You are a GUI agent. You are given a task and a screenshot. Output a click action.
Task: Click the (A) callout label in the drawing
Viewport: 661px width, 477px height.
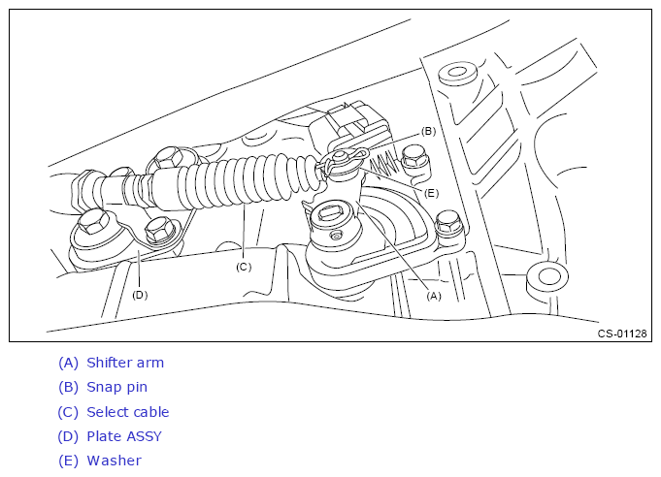[434, 296]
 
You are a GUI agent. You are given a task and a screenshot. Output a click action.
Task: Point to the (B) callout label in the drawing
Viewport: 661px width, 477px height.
[428, 131]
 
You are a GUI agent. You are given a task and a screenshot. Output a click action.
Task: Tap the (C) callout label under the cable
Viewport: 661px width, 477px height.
[244, 267]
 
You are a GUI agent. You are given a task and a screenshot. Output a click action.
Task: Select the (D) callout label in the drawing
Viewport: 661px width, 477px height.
[140, 295]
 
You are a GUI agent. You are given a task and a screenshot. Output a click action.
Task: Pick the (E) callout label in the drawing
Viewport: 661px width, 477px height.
[431, 193]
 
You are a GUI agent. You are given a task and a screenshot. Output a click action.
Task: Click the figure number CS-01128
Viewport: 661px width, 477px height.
[622, 334]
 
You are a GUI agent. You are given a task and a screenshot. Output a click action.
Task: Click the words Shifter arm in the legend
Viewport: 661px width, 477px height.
[125, 363]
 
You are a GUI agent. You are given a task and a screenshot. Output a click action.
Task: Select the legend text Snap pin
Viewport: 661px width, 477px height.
[116, 387]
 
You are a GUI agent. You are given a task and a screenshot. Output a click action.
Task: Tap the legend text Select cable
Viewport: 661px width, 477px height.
[128, 412]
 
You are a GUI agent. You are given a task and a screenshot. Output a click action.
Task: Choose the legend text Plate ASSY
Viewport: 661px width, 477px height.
[124, 436]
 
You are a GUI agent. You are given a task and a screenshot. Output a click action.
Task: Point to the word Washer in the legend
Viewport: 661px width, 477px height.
[114, 461]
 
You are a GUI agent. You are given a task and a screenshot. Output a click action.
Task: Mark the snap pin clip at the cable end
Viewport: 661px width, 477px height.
[344, 159]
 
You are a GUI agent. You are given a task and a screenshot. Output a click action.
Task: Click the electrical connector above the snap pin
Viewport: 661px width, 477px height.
[352, 124]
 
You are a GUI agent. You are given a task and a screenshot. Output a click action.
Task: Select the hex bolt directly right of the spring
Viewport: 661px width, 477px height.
[414, 160]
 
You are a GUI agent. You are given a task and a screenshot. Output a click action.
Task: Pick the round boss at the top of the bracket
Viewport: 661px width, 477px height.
[457, 74]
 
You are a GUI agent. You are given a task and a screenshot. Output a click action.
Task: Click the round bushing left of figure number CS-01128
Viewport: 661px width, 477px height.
[547, 278]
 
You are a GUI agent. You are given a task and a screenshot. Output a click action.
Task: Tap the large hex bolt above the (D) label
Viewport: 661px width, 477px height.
[94, 223]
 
